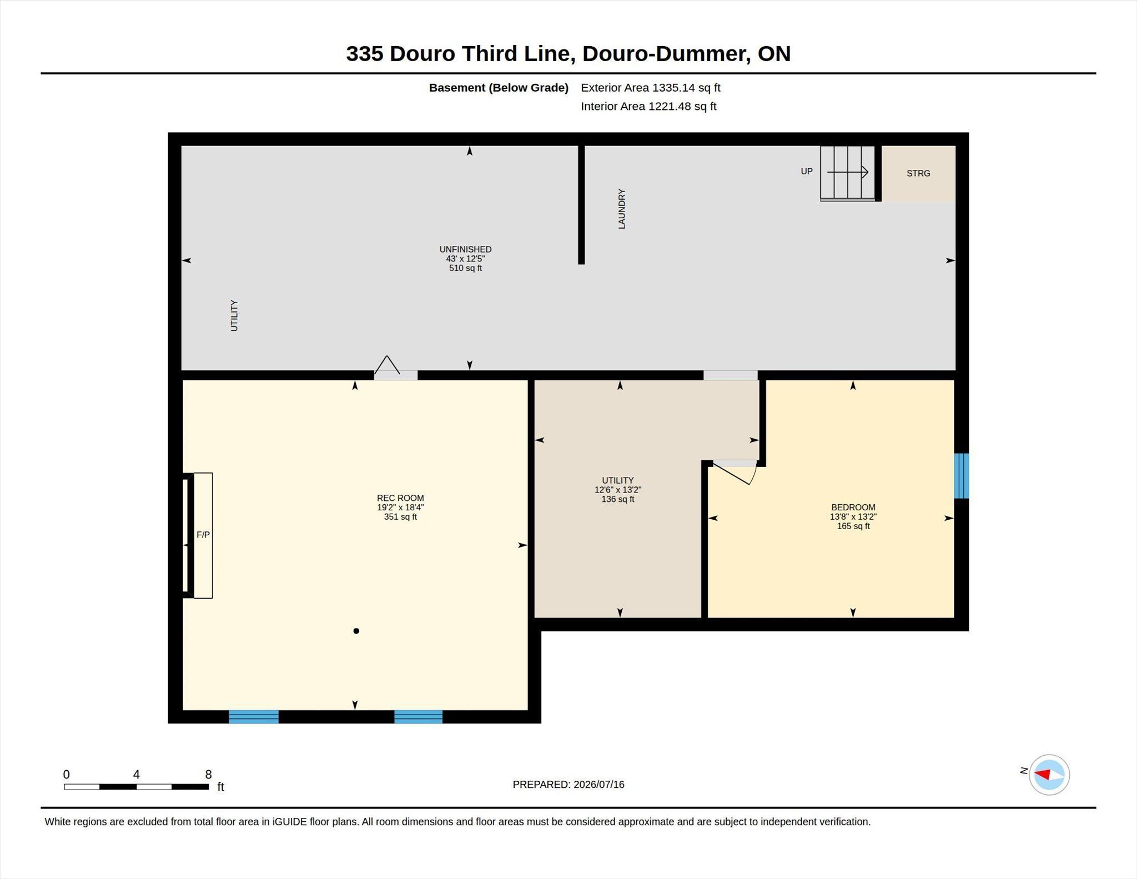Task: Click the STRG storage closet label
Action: pyautogui.click(x=918, y=173)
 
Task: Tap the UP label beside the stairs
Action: pyautogui.click(x=807, y=171)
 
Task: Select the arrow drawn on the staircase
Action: pyautogui.click(x=848, y=172)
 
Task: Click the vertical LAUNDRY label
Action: pyautogui.click(x=622, y=209)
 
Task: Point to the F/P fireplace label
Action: pyautogui.click(x=203, y=535)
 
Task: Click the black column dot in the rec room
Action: pyautogui.click(x=356, y=631)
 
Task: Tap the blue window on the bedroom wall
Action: pyautogui.click(x=962, y=476)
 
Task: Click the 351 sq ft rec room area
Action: pyautogui.click(x=400, y=517)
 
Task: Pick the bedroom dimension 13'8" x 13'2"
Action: pyautogui.click(x=853, y=516)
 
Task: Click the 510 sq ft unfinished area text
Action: pyautogui.click(x=465, y=268)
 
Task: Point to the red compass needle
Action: pyautogui.click(x=1043, y=774)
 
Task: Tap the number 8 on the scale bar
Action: pyautogui.click(x=208, y=775)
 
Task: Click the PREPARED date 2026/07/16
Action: pyautogui.click(x=599, y=785)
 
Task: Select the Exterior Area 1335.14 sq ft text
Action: pyautogui.click(x=651, y=88)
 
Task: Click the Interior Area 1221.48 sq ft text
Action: pyautogui.click(x=648, y=107)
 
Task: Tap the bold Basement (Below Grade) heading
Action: pyautogui.click(x=499, y=88)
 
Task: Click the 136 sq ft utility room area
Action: pyautogui.click(x=618, y=499)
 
